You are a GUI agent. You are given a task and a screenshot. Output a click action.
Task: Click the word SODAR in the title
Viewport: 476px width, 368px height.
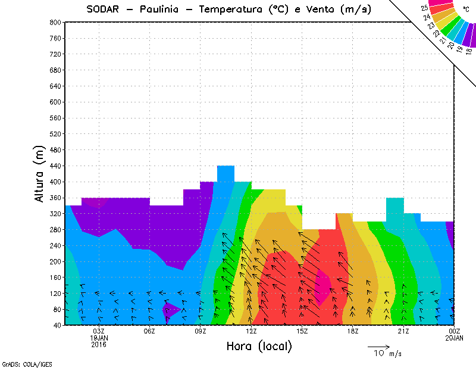point(105,9)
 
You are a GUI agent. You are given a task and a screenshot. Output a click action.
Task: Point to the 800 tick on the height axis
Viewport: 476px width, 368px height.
point(55,22)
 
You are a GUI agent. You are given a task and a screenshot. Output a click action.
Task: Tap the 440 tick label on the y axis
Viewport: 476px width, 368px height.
point(55,166)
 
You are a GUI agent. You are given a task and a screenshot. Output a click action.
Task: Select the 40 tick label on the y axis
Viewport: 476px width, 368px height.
point(57,326)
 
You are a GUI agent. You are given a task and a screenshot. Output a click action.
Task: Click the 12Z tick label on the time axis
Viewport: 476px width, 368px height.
point(251,331)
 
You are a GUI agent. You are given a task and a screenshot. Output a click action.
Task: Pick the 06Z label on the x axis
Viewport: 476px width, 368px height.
point(149,331)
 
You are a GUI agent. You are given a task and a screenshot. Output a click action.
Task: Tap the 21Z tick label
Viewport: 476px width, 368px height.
point(403,331)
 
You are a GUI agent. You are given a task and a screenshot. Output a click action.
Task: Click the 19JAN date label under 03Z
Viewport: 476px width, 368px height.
point(99,338)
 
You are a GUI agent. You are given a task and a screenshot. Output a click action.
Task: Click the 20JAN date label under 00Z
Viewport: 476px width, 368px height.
point(454,338)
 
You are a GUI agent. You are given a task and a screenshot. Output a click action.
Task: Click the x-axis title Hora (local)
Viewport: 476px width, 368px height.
point(258,346)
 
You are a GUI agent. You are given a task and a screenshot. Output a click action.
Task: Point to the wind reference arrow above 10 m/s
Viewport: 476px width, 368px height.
point(378,346)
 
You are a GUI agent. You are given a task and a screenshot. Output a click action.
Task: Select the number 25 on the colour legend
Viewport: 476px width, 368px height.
point(424,8)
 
